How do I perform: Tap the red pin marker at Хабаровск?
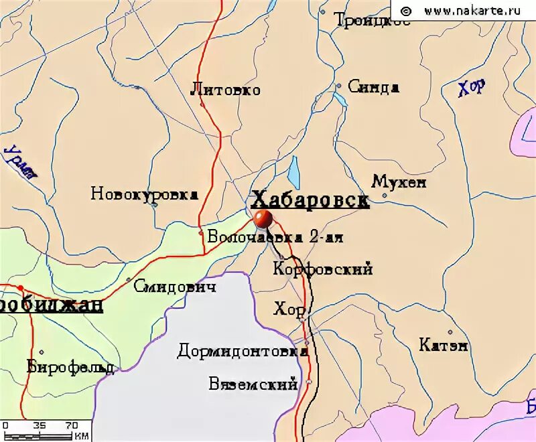263,218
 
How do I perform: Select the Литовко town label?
225,89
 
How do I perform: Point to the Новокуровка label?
144,194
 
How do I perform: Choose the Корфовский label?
323,269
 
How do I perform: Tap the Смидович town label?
174,287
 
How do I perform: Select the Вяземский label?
253,384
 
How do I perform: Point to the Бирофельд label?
70,366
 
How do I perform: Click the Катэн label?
444,346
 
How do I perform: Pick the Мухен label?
399,182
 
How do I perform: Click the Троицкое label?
362,21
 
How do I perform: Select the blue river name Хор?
472,88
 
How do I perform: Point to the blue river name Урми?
20,163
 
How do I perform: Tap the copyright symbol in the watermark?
405,10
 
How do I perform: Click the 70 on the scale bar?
72,425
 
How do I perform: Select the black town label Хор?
289,309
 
